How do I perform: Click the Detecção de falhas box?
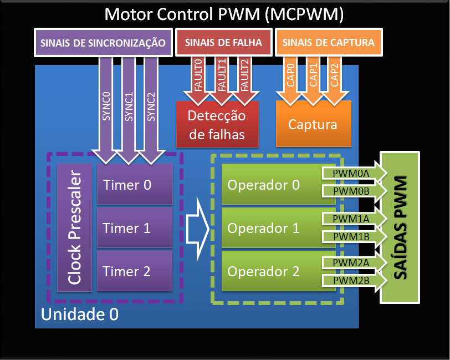coord(217,125)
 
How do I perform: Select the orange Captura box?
coord(313,124)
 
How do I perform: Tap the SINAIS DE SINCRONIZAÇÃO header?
coord(103,43)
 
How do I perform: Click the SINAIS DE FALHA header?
coord(223,43)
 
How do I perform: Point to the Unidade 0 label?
coord(80,315)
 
